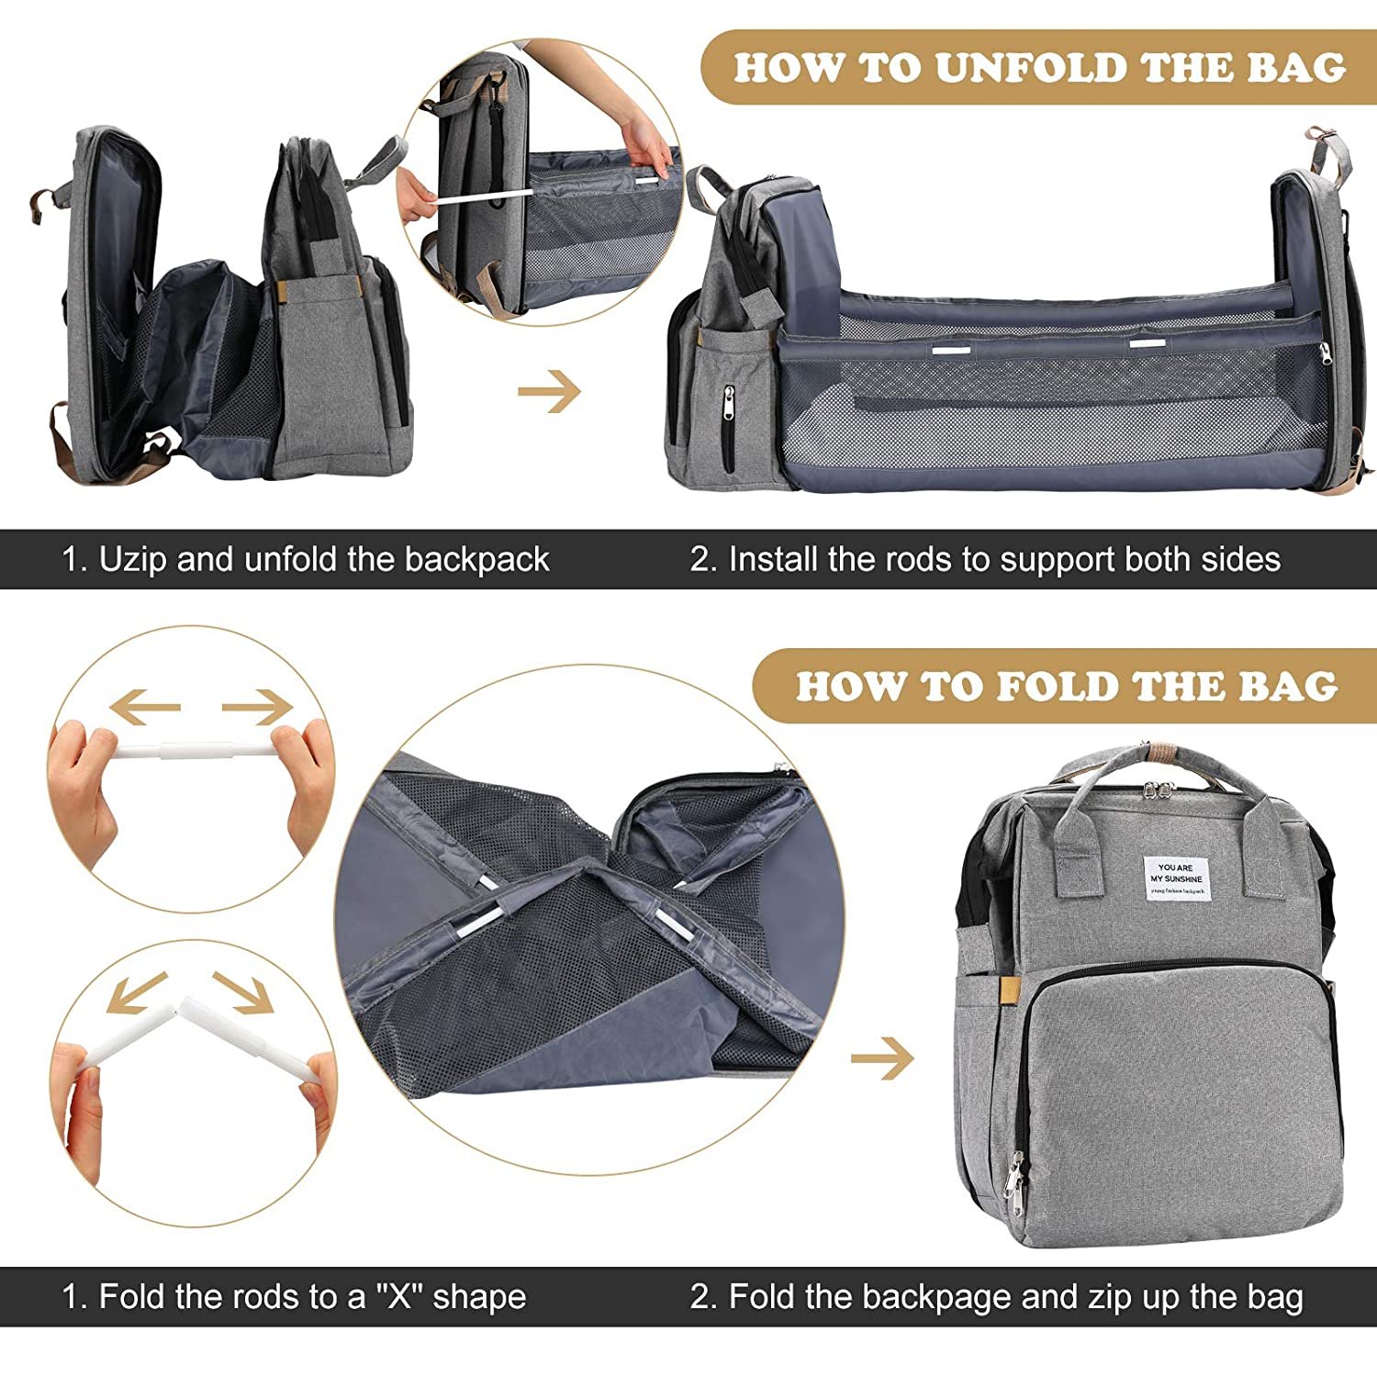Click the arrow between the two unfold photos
[x=549, y=392]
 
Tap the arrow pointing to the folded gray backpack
[x=882, y=1059]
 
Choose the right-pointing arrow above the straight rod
[x=257, y=707]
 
